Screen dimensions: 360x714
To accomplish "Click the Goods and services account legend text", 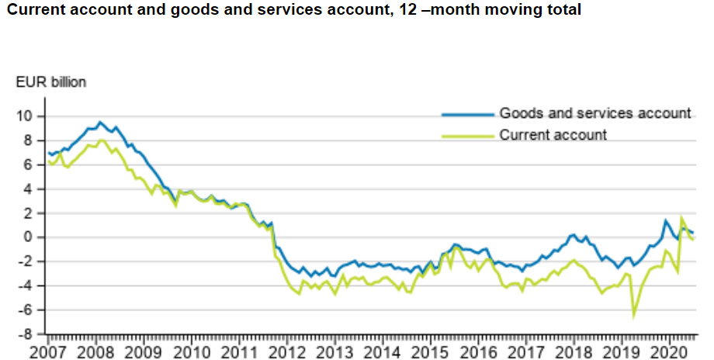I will pos(594,113).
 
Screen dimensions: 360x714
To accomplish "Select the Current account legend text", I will pos(553,135).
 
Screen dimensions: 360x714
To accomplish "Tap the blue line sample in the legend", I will pos(468,114).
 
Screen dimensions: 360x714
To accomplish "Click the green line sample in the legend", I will pos(468,136).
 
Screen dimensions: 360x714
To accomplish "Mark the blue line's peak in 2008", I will pos(100,122).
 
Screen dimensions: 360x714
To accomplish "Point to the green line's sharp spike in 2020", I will pos(681,218).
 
